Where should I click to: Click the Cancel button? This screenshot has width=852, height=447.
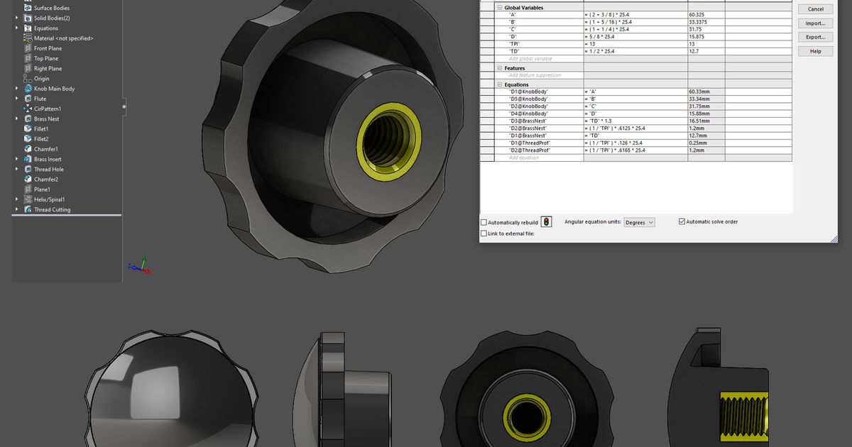point(815,9)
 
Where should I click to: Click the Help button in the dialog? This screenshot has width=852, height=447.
point(815,51)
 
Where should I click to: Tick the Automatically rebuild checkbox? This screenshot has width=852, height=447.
point(484,223)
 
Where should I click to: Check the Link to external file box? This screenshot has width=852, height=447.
point(484,233)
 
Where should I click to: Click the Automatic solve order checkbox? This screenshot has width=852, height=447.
point(682,222)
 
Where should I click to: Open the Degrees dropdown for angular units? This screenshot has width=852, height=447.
point(639,223)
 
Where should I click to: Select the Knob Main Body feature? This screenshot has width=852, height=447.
point(54,89)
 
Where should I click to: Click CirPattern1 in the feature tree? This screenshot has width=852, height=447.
point(47,109)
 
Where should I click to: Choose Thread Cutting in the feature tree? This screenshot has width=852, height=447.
point(52,209)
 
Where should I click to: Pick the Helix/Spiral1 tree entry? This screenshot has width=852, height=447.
point(49,199)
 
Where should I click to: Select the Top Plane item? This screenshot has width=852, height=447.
point(46,58)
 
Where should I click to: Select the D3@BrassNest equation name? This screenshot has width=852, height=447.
point(528,121)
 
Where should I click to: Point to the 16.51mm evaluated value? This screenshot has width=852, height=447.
point(699,121)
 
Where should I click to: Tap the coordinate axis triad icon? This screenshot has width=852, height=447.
point(141,266)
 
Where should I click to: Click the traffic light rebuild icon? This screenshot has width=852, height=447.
point(546,222)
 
